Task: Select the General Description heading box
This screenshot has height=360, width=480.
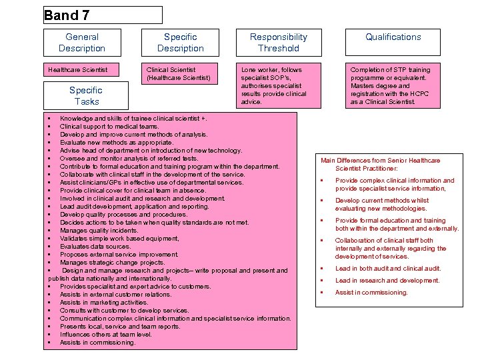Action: (82, 43)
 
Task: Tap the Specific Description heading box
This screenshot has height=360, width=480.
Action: (180, 43)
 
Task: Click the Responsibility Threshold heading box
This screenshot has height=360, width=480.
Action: (279, 43)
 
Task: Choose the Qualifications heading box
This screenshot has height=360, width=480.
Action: (393, 43)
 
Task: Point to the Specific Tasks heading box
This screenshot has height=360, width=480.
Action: (87, 96)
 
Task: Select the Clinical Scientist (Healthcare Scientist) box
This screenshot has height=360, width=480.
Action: (179, 74)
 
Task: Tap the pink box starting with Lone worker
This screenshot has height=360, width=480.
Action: (279, 85)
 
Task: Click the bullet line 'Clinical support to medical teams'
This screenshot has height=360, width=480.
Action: (109, 126)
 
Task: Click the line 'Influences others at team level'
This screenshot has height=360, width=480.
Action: (105, 334)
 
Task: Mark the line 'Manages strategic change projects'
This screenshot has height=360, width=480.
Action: (112, 262)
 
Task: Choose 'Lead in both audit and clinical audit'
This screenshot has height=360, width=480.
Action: (388, 269)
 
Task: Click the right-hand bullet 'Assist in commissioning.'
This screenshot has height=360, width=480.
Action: (371, 293)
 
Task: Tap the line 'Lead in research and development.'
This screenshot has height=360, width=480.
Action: (387, 281)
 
